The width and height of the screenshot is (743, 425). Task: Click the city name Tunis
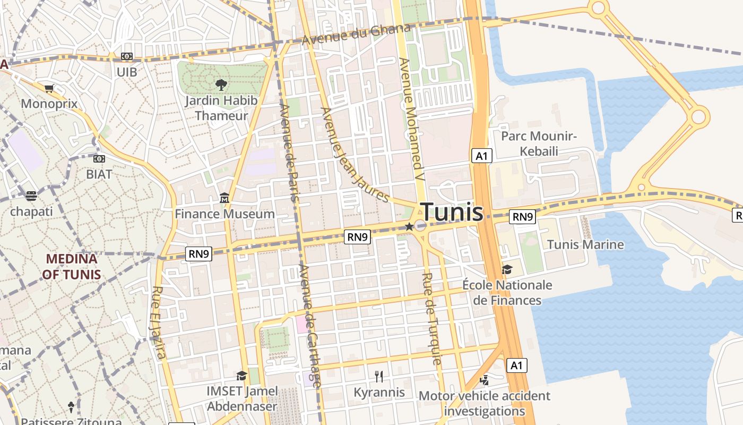click(x=452, y=212)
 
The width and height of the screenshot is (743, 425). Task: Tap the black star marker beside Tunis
click(x=409, y=227)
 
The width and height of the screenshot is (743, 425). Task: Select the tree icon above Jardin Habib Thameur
click(x=221, y=84)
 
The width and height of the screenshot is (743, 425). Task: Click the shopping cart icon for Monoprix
click(x=49, y=89)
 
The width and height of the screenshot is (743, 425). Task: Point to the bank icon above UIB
click(x=126, y=56)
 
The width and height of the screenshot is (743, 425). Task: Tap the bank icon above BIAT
click(x=99, y=159)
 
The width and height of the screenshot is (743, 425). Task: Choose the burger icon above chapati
click(x=31, y=196)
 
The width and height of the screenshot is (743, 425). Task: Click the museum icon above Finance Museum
click(x=224, y=199)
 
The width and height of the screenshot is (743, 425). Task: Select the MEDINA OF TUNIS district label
click(x=72, y=267)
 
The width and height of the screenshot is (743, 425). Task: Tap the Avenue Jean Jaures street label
click(x=355, y=155)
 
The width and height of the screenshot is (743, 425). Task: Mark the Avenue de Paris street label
click(x=289, y=152)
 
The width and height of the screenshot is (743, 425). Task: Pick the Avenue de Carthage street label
click(x=310, y=325)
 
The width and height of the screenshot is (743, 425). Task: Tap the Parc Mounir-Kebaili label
click(x=539, y=143)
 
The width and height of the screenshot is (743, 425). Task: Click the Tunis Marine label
click(x=585, y=245)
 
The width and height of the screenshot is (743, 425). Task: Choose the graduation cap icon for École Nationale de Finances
click(x=507, y=270)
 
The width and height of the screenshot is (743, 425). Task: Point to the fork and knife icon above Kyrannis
click(x=379, y=377)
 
